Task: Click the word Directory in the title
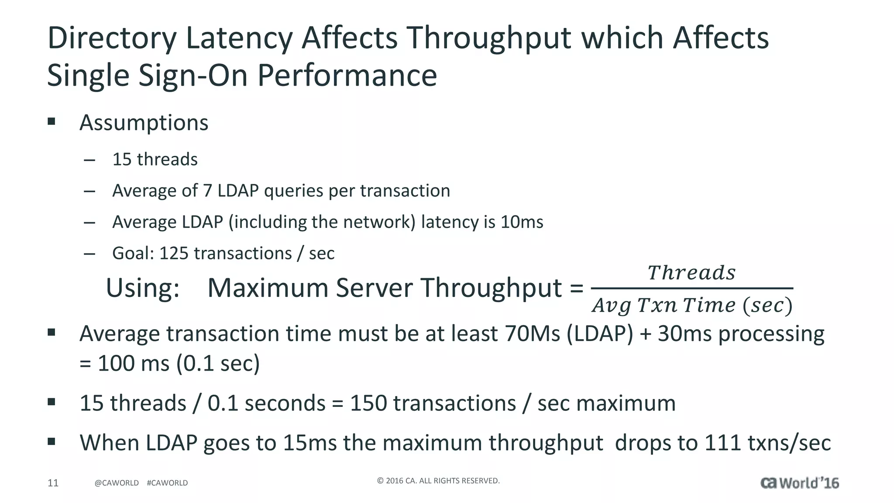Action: (x=112, y=38)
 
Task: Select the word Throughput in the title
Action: (x=489, y=38)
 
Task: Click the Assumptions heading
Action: (x=144, y=123)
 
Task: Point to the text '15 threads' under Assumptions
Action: (x=155, y=159)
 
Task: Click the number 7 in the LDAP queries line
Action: (x=207, y=191)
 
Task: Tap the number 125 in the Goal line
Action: (x=174, y=254)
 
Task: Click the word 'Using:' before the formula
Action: (x=143, y=288)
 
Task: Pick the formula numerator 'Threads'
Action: (x=691, y=273)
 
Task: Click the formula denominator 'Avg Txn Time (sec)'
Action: (x=692, y=305)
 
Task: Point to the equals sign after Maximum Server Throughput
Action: (x=576, y=289)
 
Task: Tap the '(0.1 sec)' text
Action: (x=218, y=363)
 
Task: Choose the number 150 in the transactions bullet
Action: (x=368, y=403)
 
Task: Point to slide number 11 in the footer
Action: (x=53, y=483)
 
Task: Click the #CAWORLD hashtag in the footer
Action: (x=167, y=483)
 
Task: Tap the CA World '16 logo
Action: (x=799, y=483)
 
